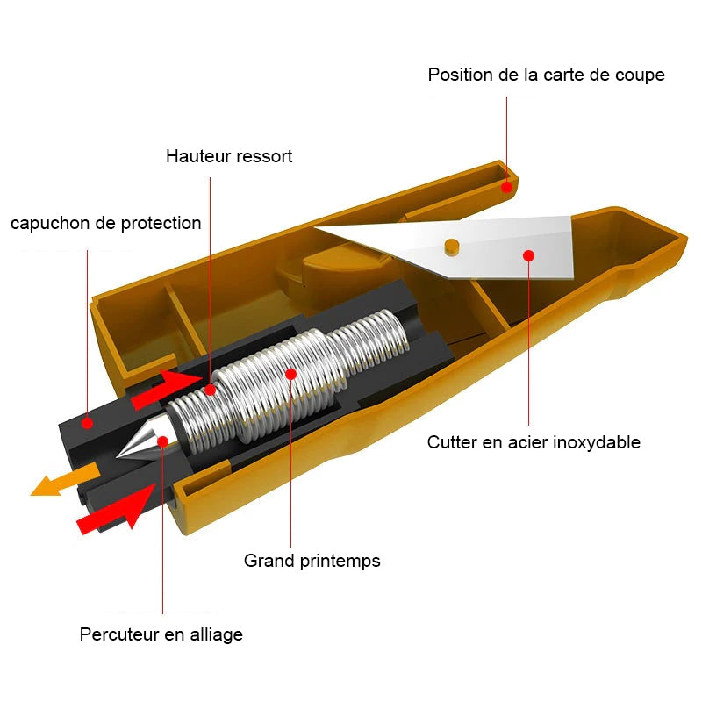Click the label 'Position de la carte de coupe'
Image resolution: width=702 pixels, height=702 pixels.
click(x=546, y=75)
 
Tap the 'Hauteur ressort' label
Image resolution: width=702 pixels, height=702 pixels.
click(x=229, y=156)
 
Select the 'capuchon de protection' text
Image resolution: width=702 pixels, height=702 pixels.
click(x=105, y=223)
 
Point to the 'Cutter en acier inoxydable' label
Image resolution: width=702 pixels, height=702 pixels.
click(x=534, y=442)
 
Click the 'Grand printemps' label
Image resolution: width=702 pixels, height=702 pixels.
click(x=312, y=561)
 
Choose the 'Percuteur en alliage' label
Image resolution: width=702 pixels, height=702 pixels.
click(x=161, y=634)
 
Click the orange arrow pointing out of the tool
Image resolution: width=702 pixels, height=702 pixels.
click(x=64, y=480)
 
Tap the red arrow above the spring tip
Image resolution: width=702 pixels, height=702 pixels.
click(x=165, y=388)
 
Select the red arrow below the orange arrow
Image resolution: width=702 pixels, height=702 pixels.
click(x=117, y=508)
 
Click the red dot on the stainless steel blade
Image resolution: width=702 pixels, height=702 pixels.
click(x=529, y=255)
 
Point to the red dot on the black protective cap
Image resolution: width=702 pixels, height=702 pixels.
click(x=87, y=423)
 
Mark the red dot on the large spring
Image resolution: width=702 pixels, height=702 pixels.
click(x=291, y=374)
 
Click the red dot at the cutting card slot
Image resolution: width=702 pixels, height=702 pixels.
click(x=506, y=187)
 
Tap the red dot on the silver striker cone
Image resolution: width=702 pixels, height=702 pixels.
click(x=163, y=442)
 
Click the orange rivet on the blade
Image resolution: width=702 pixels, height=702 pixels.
click(x=452, y=247)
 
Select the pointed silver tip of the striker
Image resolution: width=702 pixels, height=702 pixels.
click(x=118, y=456)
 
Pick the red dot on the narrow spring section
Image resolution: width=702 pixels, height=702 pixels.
click(x=211, y=390)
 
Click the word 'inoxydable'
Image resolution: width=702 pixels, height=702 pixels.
click(x=597, y=442)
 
